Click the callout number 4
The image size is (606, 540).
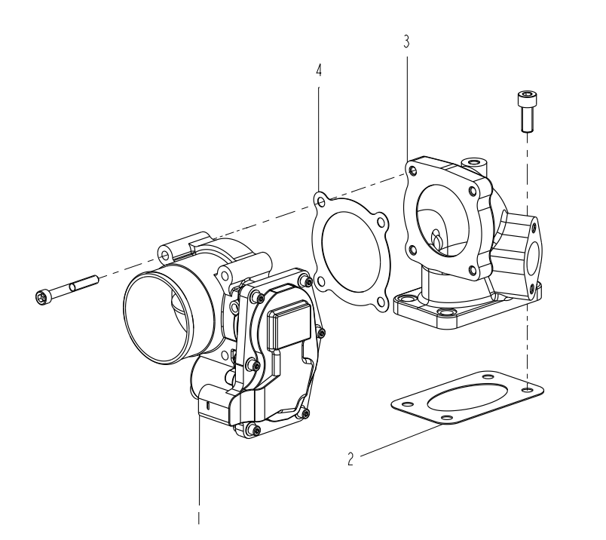(319, 70)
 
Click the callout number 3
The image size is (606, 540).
(406, 41)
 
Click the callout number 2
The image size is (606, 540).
(350, 459)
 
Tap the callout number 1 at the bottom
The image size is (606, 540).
(199, 518)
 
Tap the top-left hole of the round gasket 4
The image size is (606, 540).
(320, 201)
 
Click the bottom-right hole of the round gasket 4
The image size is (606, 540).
(381, 302)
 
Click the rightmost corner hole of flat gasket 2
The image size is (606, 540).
(528, 388)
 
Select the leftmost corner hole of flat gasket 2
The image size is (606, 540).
(408, 403)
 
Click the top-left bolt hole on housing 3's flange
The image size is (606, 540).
(413, 170)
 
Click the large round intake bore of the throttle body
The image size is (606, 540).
(159, 314)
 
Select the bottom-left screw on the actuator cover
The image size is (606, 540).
(254, 428)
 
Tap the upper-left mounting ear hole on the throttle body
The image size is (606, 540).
(165, 255)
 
